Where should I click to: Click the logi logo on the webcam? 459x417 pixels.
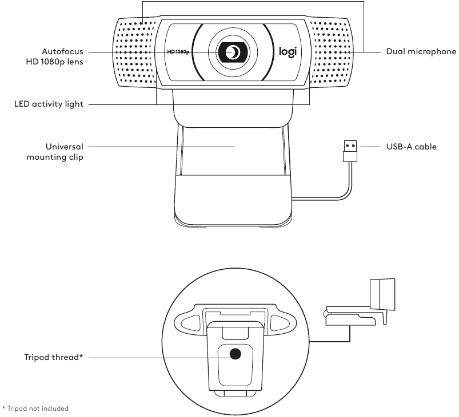tap(287, 52)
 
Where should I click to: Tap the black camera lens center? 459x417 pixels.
tap(233, 52)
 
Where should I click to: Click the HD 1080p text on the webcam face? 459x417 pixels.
tap(178, 52)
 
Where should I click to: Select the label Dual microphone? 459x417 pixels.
tap(421, 52)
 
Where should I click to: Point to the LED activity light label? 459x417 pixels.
tap(49, 104)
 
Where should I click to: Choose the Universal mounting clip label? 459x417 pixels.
tap(55, 152)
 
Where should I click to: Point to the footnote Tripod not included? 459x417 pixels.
tap(35, 408)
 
